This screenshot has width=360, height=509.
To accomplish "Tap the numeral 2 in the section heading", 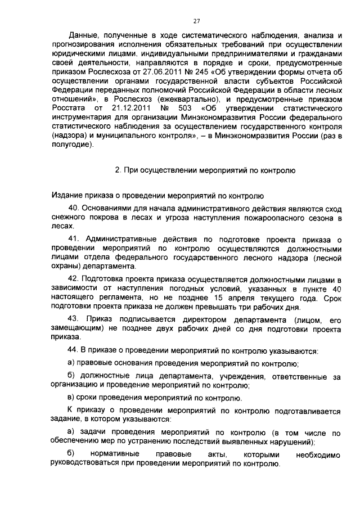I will pyautogui.click(x=118, y=169).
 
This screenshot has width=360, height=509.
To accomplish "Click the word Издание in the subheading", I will pyautogui.click(x=66, y=197).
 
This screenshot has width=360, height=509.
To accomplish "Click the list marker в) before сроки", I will pyautogui.click(x=71, y=398).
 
